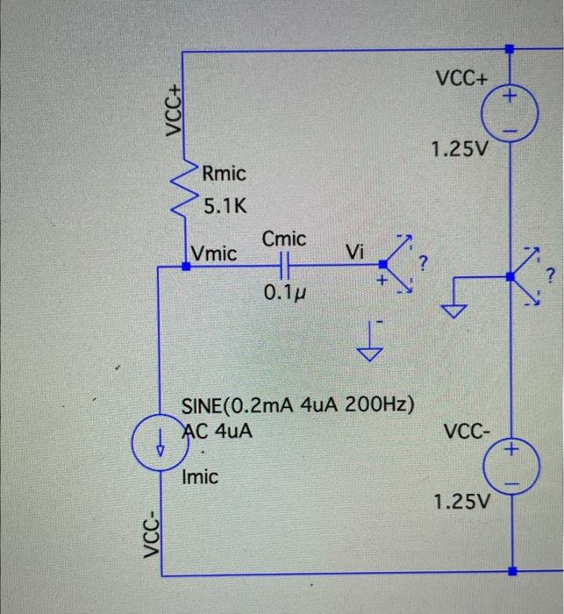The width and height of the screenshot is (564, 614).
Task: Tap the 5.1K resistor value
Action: tap(225, 208)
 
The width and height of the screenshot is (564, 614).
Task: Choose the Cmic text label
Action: tap(284, 239)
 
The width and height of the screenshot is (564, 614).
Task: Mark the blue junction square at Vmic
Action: tap(185, 263)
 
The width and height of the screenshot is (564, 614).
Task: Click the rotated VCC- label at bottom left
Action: tap(151, 538)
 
